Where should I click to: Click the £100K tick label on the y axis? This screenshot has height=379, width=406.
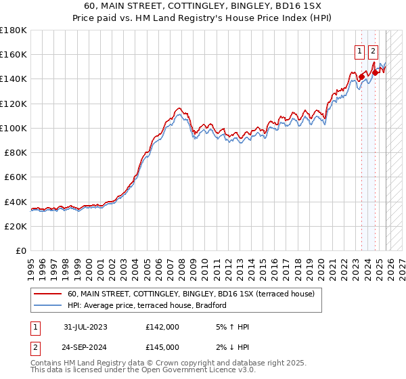pos(14,128)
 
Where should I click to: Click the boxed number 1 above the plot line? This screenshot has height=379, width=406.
pos(359,49)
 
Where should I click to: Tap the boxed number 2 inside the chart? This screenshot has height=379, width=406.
pos(374,49)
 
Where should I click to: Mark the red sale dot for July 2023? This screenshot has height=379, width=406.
pos(361,76)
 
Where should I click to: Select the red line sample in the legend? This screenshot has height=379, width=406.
pos(47,294)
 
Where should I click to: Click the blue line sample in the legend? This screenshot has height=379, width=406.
pos(47,306)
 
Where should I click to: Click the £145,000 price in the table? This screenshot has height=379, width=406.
pos(162,347)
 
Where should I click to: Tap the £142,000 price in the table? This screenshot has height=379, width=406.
pos(162,327)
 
